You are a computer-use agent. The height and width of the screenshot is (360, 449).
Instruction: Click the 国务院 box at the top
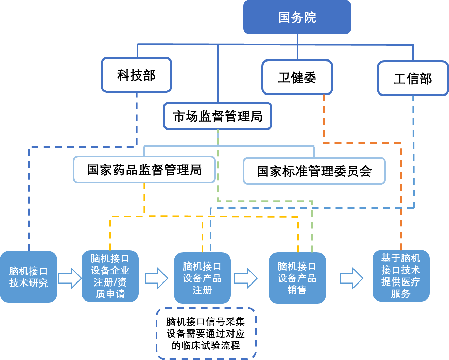click(x=297, y=17)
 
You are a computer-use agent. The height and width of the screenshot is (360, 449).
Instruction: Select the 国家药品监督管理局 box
click(x=144, y=170)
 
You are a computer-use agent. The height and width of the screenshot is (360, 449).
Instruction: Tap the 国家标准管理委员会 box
click(x=314, y=171)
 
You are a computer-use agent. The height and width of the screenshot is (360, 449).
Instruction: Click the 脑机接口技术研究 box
click(x=29, y=277)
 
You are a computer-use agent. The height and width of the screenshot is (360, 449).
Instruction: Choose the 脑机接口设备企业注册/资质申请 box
click(x=110, y=276)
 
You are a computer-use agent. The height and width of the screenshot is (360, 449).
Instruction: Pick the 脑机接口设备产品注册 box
click(x=202, y=278)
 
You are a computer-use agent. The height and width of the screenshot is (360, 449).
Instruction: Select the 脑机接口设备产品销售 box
click(x=297, y=278)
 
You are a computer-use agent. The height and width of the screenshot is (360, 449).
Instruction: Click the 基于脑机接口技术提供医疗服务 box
click(x=401, y=276)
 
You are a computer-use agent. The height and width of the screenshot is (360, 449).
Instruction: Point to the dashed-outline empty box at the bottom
click(x=206, y=333)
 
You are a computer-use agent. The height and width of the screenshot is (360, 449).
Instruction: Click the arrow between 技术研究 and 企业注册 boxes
click(x=70, y=278)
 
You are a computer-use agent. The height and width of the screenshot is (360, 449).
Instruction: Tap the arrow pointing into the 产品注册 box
click(x=156, y=278)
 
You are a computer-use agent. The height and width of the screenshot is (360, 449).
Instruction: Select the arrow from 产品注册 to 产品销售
click(x=246, y=278)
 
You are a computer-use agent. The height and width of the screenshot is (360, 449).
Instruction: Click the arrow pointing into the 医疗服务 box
click(x=352, y=278)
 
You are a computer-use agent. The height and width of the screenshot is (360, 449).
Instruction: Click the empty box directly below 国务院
click(x=297, y=77)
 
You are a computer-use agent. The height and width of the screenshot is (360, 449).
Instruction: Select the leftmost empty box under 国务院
click(x=136, y=75)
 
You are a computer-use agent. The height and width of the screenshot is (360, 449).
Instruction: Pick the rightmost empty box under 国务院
click(x=413, y=78)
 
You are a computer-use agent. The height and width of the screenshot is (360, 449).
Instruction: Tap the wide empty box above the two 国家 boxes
click(x=218, y=116)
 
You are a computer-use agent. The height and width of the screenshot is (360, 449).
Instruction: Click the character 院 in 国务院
click(x=310, y=17)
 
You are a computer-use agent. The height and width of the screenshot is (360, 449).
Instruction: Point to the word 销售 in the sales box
click(x=297, y=290)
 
